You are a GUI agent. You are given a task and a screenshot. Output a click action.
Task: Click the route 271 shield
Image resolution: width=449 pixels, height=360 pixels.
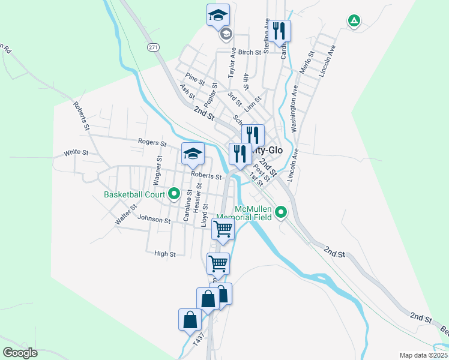(x=153, y=46)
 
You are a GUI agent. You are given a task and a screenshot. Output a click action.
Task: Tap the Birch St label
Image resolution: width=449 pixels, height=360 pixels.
(x=250, y=52)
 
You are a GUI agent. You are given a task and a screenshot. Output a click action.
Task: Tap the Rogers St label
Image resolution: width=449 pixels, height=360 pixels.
(x=152, y=143)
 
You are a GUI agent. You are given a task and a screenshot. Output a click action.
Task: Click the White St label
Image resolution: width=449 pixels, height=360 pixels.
(x=76, y=153)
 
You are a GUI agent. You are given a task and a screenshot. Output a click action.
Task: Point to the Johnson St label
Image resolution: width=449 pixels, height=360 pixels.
(x=154, y=220)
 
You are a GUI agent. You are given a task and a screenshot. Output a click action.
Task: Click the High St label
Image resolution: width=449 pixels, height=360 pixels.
(x=164, y=254)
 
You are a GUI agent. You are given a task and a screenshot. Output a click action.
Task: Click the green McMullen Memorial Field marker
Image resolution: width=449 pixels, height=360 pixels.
(x=280, y=212)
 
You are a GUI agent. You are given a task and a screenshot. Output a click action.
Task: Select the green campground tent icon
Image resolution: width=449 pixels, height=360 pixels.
(x=354, y=21)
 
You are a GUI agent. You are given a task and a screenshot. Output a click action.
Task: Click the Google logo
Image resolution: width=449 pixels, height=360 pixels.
(x=20, y=352)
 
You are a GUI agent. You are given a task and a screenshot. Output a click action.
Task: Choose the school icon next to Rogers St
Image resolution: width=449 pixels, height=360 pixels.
(x=193, y=154)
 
